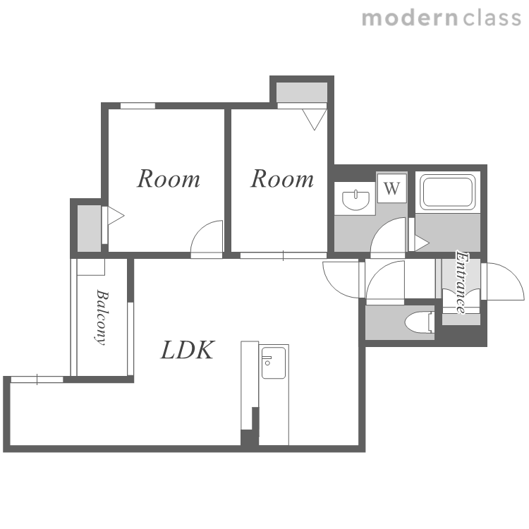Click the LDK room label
click(188, 350)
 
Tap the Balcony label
click(102, 317)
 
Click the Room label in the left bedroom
click(169, 178)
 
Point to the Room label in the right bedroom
click(282, 178)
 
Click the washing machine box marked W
click(391, 188)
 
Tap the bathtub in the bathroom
click(447, 191)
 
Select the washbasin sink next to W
click(355, 200)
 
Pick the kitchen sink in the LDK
click(274, 363)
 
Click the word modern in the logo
click(410, 18)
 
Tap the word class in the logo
click(492, 18)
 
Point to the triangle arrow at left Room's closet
click(116, 216)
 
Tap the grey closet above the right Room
click(302, 92)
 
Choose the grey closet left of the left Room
click(90, 228)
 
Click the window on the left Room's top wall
click(138, 106)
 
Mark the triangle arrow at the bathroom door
click(422, 243)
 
